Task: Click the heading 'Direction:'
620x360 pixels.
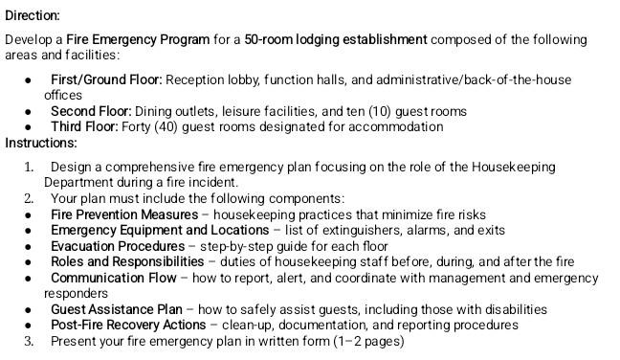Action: pyautogui.click(x=33, y=16)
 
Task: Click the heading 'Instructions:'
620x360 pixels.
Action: pyautogui.click(x=41, y=143)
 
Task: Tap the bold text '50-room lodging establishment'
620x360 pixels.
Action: pyautogui.click(x=335, y=40)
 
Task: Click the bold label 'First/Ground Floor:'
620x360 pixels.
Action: pyautogui.click(x=106, y=79)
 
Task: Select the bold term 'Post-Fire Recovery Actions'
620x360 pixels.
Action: pyautogui.click(x=128, y=325)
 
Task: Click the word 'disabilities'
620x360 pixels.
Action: pyautogui.click(x=513, y=309)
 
